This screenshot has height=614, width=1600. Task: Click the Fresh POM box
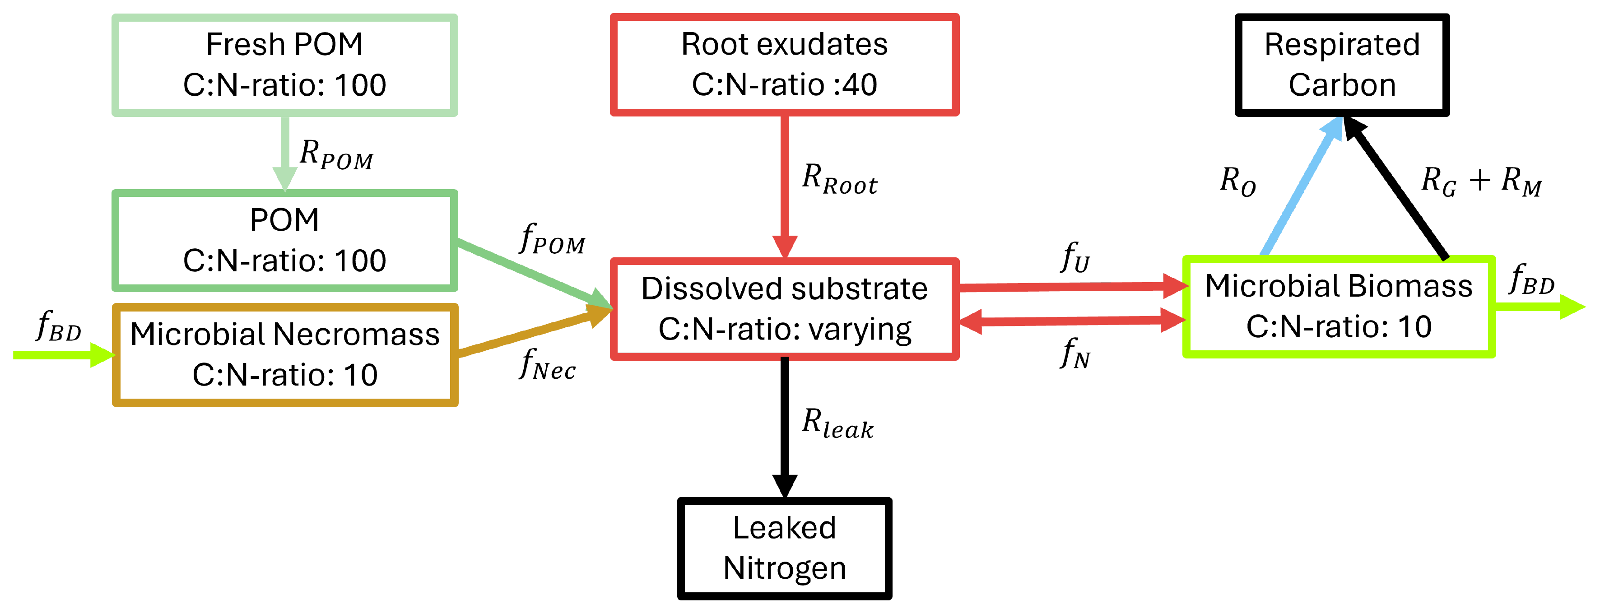point(284,65)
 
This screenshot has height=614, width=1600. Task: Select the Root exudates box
point(785,65)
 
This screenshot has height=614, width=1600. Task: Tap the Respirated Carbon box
point(1342,65)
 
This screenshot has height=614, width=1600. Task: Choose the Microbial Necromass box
point(285,354)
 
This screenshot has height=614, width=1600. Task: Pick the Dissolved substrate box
point(785,308)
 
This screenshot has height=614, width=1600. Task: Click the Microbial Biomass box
point(1339,307)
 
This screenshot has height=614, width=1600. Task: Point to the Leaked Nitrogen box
point(785,548)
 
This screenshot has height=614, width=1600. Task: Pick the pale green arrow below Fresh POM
point(285,152)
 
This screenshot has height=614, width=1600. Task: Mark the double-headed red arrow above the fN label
point(1071,321)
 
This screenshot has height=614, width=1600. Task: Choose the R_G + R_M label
point(1481,182)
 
